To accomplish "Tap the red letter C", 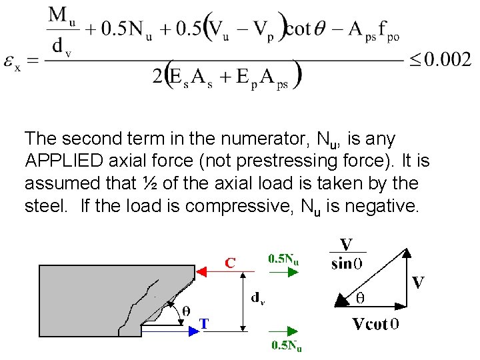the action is (230, 263).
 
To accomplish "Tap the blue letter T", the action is (205, 324).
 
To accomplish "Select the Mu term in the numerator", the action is (64, 15).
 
